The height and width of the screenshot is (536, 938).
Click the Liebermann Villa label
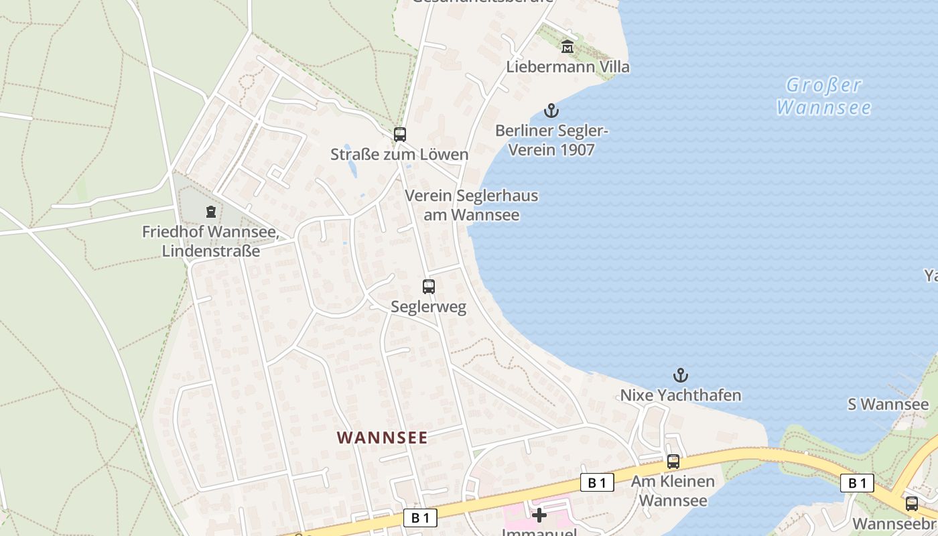coord(567,67)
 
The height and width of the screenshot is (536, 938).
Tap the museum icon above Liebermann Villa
coord(567,47)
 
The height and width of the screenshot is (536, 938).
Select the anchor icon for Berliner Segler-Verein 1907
coord(551,111)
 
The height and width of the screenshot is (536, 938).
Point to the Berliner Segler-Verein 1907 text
coord(551,140)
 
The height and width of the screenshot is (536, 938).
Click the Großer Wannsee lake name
coord(824,96)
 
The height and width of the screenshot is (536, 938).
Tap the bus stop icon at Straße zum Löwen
coord(400,134)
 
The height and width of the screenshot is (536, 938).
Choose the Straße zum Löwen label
coord(399,155)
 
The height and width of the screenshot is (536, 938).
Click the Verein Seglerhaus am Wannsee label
coord(471,205)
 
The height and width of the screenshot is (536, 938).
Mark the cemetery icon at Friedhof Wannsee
coord(211,212)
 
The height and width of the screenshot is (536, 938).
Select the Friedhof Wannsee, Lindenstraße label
coord(210,242)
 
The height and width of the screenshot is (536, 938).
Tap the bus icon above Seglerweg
coord(429,286)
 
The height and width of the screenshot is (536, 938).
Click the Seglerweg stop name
coord(429,307)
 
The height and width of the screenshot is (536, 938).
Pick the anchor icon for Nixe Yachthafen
coord(681,375)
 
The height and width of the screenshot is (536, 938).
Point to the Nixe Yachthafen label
coord(681,395)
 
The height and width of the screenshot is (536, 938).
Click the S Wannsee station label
coord(888,405)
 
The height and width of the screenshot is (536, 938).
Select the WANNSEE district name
coord(382,438)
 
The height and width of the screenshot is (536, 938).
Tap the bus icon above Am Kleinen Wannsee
coord(673,461)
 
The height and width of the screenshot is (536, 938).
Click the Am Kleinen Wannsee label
coord(673,490)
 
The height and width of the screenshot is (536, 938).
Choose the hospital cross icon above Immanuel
coord(539,515)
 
